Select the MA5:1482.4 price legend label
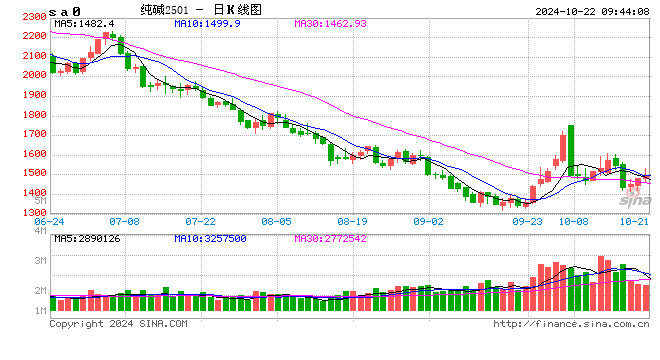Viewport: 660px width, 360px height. [x=85, y=22]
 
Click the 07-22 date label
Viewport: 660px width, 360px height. [x=201, y=221]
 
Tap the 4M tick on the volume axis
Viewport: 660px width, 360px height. [x=38, y=231]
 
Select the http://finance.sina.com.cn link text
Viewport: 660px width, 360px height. [x=571, y=324]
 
